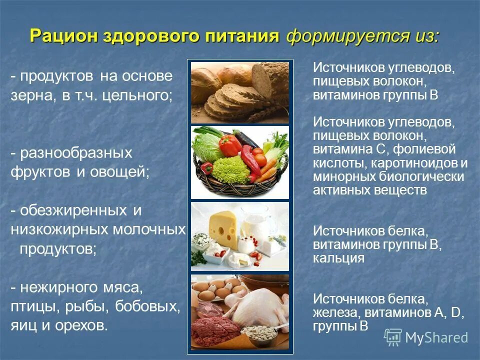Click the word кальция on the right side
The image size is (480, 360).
[338, 258]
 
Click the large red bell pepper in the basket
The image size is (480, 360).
[229, 146]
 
